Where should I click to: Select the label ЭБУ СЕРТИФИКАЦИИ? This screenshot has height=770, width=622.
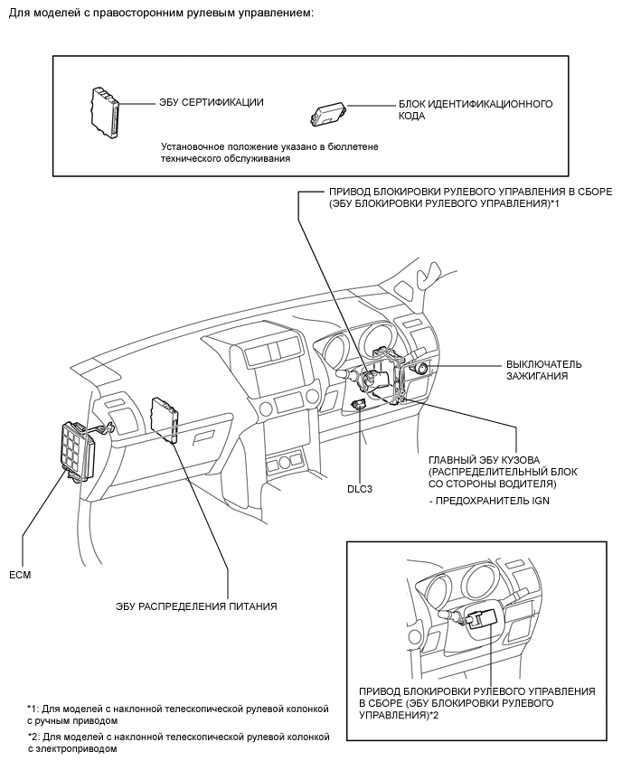[210, 102]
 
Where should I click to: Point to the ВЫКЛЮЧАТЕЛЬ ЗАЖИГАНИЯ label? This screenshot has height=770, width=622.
[543, 370]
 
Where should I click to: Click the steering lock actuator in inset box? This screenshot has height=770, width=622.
[481, 619]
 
